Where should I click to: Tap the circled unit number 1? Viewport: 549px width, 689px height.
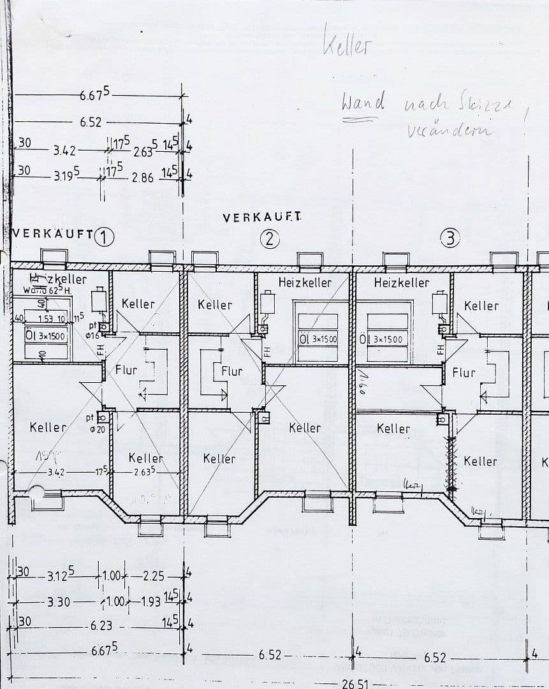point(104,237)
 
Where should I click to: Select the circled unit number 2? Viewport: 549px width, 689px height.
point(270,239)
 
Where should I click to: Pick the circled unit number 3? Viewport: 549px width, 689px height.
point(450,239)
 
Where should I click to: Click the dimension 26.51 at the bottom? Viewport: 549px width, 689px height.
point(355,683)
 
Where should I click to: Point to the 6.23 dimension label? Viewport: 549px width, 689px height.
point(101,626)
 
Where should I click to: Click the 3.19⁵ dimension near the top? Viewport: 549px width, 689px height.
point(67,175)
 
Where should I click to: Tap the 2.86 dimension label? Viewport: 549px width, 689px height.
point(143,178)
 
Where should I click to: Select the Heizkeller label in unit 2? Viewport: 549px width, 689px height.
point(305,282)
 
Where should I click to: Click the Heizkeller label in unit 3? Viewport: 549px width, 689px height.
point(402,282)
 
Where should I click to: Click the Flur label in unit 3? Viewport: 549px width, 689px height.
point(464,372)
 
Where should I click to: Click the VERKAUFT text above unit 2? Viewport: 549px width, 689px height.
point(262,218)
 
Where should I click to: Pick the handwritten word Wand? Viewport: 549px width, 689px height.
point(363,102)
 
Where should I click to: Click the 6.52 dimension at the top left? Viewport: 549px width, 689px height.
point(91,122)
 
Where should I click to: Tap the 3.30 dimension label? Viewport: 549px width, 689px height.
point(58,601)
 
